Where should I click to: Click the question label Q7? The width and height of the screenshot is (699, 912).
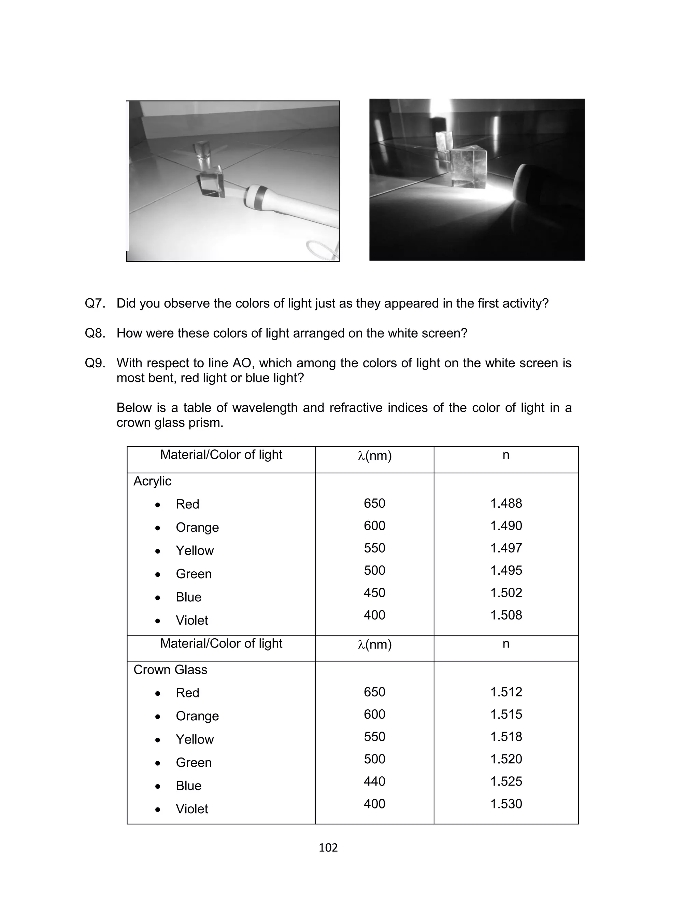click(95, 303)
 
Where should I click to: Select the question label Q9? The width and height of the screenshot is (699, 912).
click(95, 363)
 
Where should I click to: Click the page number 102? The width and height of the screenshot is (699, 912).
click(328, 847)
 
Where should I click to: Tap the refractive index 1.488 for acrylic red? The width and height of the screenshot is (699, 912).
click(505, 503)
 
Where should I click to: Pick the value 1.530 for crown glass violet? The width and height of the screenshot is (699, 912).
click(505, 803)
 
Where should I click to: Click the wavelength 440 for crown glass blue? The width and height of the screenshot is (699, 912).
click(374, 781)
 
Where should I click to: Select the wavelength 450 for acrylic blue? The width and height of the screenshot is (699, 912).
click(374, 593)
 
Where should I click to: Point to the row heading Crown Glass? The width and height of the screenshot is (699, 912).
click(170, 670)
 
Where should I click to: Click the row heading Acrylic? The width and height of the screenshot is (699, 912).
click(152, 481)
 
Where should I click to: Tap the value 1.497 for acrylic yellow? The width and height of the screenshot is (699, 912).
click(505, 548)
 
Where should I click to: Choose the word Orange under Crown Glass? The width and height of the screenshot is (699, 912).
click(197, 716)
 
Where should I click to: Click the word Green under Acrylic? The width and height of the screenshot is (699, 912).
click(194, 574)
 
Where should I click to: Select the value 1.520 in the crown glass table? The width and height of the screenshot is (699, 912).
click(505, 759)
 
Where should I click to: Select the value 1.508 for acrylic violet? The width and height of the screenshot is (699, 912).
click(505, 615)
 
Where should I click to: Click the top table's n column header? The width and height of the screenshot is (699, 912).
click(505, 455)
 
